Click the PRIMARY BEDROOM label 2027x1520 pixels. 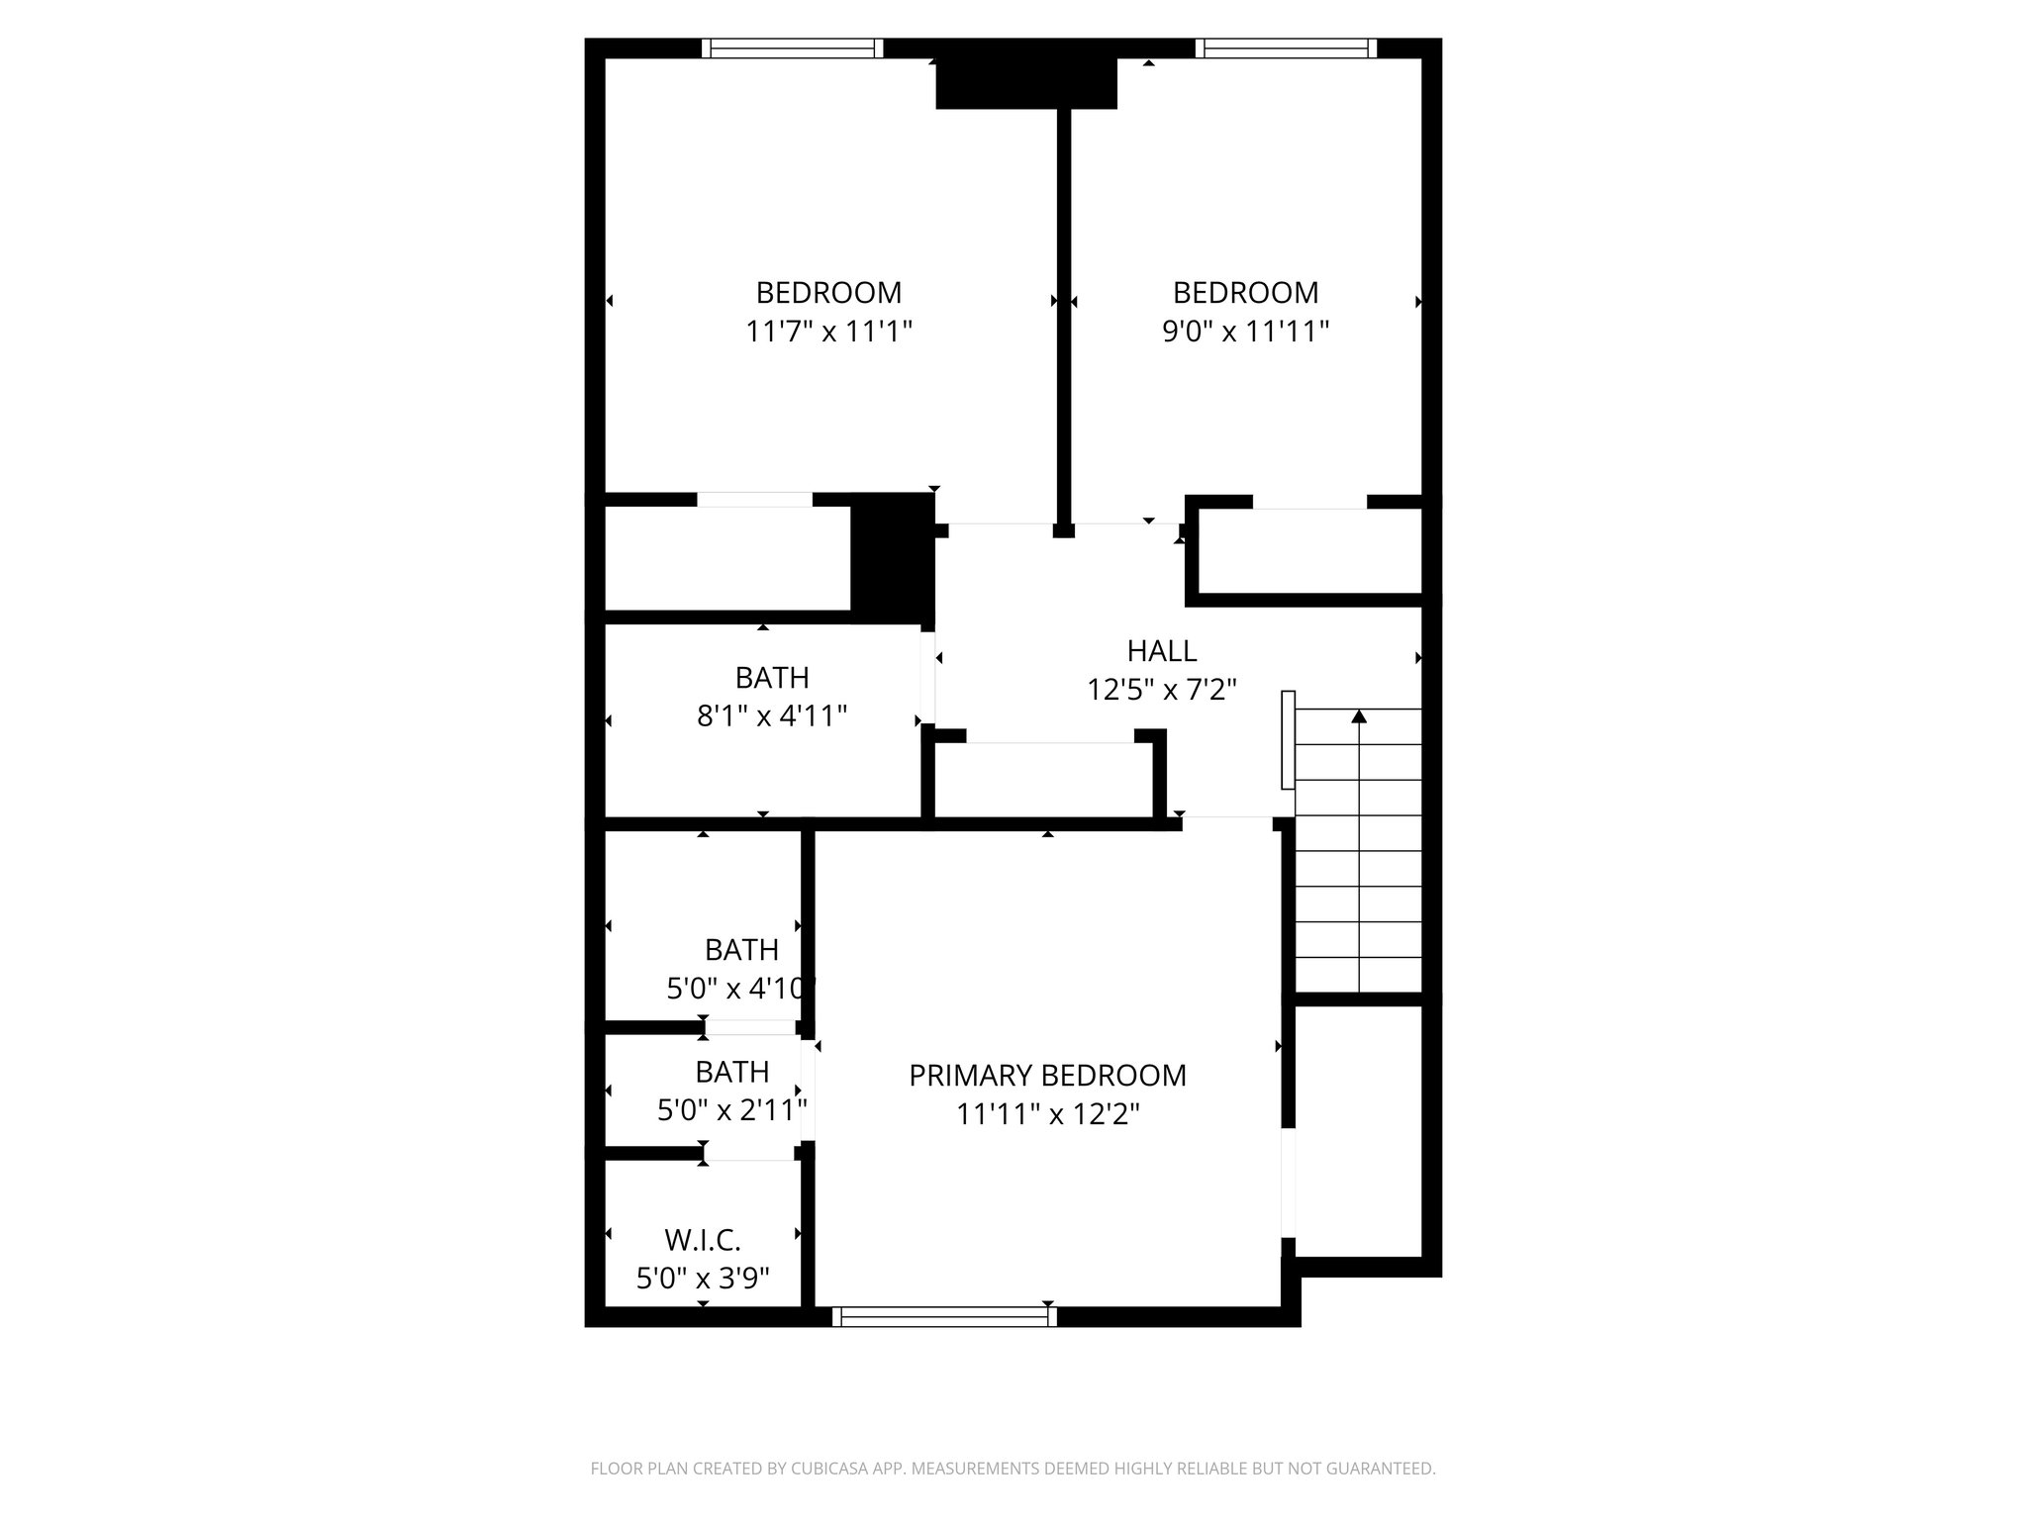click(x=1047, y=1076)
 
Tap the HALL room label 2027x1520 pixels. click(x=1162, y=651)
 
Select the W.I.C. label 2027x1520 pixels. click(x=703, y=1240)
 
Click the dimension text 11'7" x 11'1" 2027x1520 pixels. click(x=828, y=332)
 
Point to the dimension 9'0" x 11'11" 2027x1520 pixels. click(x=1245, y=332)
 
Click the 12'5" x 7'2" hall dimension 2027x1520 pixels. click(x=1162, y=690)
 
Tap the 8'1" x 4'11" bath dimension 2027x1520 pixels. click(x=772, y=716)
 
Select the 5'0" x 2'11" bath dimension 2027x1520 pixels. click(x=732, y=1111)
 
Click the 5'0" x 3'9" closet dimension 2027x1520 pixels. click(x=703, y=1280)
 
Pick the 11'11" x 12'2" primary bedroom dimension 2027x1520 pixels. click(x=1047, y=1115)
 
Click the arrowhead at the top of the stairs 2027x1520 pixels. click(x=1359, y=715)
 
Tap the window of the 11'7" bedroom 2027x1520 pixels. click(x=793, y=48)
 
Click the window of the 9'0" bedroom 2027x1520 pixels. click(x=1286, y=48)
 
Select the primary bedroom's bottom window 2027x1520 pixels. click(x=944, y=1317)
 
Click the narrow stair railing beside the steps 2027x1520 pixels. click(x=1288, y=740)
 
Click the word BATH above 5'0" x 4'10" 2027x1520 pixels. click(x=741, y=950)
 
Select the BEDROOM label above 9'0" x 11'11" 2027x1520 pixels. click(x=1245, y=293)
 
